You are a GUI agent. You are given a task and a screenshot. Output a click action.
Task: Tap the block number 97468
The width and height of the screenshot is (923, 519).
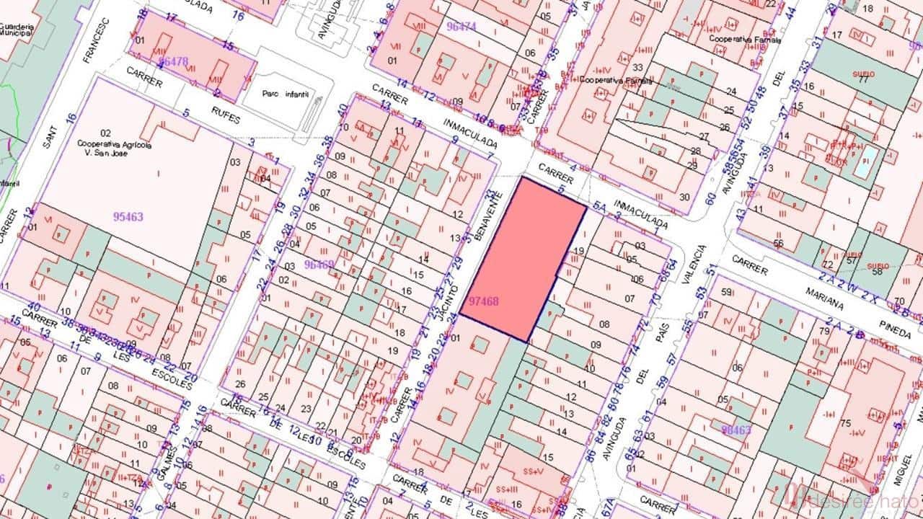coord(484,302)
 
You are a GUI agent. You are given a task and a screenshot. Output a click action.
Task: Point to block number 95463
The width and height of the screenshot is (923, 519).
coord(128,216)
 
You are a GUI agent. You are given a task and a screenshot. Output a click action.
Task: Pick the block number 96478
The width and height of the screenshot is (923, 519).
coord(172,62)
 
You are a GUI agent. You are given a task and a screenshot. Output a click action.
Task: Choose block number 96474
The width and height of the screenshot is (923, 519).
coord(462,27)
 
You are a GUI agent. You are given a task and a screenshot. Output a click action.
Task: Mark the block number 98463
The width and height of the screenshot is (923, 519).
coord(736,430)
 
